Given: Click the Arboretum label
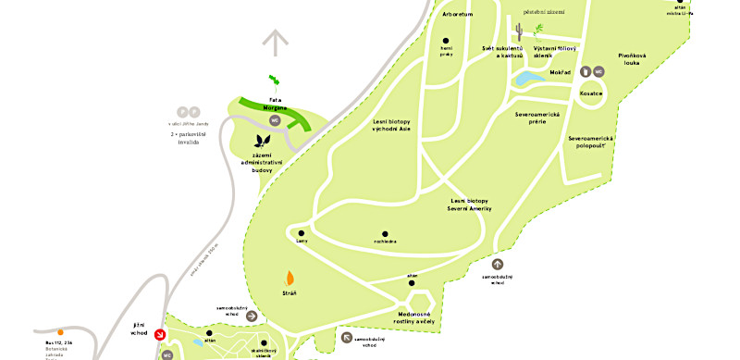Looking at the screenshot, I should click(458, 15).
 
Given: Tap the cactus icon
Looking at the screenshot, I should click(521, 32).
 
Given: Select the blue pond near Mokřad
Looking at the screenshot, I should click(532, 79).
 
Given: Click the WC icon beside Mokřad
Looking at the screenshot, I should click(598, 71).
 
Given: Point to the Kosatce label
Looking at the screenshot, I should click(591, 93).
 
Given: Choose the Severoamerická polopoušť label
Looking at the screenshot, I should click(592, 142).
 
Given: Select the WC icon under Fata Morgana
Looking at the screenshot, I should click(274, 120).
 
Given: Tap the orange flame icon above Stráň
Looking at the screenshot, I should click(290, 277).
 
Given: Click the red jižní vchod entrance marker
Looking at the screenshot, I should click(160, 334).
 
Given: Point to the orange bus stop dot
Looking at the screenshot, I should click(60, 331).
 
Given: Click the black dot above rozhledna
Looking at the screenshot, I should click(385, 234).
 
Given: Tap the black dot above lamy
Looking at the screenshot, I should click(302, 232).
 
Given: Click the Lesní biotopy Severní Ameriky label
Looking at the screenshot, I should click(471, 205).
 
